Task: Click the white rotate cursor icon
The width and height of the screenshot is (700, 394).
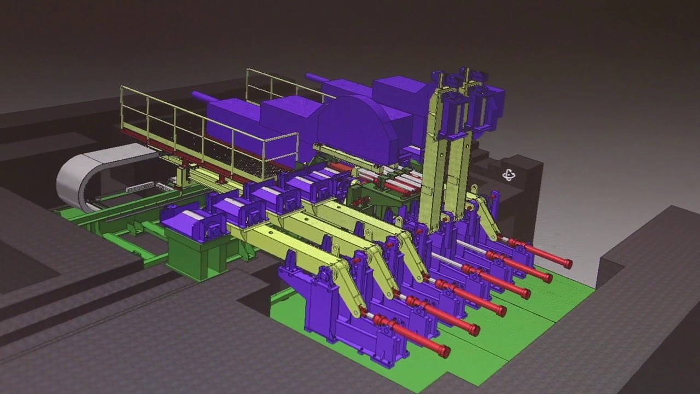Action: (509, 175)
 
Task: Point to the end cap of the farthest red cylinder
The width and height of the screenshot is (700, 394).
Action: (568, 264)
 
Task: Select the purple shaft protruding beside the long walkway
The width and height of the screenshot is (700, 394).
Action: (203, 97)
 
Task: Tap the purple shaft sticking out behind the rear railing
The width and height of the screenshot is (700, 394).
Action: (316, 78)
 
